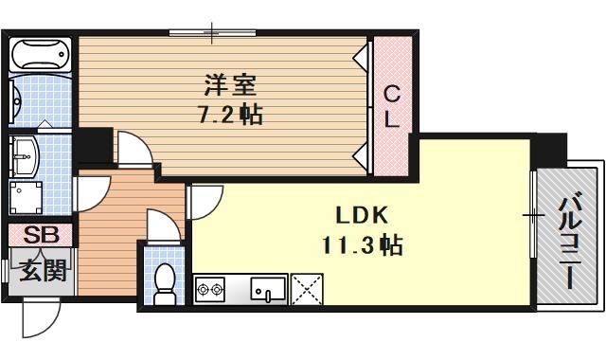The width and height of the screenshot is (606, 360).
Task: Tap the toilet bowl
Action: pos(166,282)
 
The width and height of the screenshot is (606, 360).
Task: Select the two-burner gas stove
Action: pos(208,287)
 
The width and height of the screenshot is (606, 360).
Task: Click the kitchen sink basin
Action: pos(267,287)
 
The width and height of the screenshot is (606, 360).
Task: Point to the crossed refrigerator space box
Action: pos(307,288)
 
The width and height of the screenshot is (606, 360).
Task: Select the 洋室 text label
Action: pos(231,83)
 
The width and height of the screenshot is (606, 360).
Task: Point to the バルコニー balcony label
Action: pos(568,241)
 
